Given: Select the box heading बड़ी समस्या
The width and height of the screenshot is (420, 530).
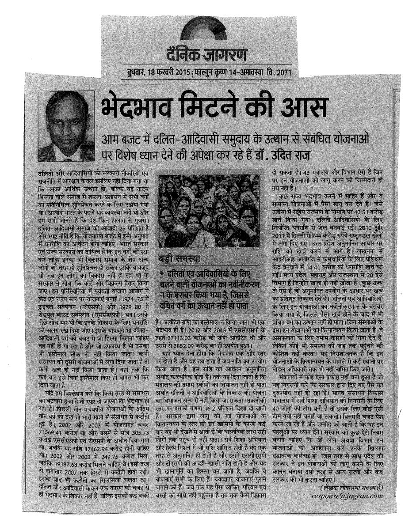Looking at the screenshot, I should [182, 257].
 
